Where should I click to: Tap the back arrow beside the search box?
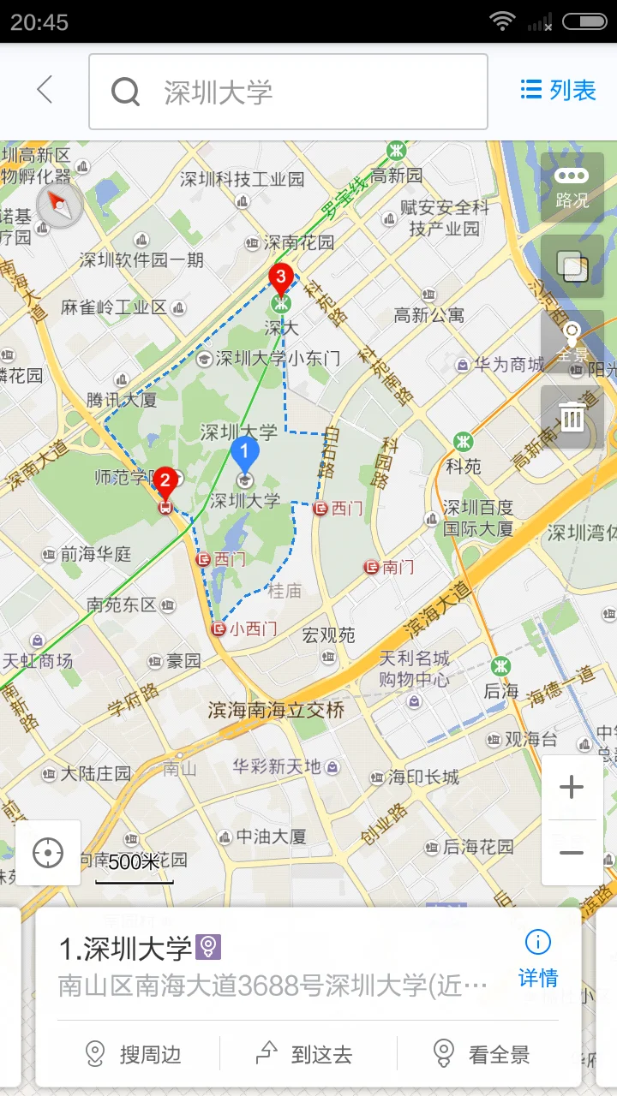coord(45,90)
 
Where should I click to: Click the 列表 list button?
coord(558,90)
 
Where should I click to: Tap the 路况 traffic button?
coord(572,188)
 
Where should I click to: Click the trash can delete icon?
coord(572,417)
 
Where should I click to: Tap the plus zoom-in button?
coord(572,788)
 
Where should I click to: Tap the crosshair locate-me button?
coord(48,853)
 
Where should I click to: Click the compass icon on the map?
coord(59,205)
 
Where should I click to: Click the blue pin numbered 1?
coord(244,452)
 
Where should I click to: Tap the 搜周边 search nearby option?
coord(135,1054)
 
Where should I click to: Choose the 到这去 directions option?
coord(306,1054)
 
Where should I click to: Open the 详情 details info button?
coord(537,959)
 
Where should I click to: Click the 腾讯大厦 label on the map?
coord(121,400)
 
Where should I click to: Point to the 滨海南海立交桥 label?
coord(276,710)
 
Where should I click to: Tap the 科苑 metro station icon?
coord(464,442)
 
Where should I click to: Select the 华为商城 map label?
coord(509,365)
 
